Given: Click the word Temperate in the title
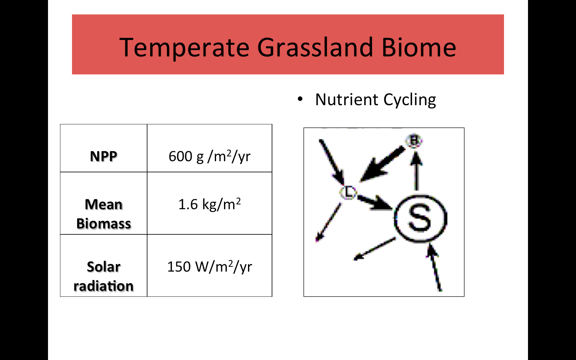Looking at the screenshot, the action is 184,48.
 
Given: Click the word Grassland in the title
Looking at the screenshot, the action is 315,47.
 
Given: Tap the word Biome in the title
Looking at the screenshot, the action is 419,47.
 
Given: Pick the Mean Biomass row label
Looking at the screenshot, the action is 104,214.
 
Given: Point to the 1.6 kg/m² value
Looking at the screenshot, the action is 210,204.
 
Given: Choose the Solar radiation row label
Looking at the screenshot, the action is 104,276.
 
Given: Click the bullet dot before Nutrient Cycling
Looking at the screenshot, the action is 300,99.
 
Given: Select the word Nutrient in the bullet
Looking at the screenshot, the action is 347,99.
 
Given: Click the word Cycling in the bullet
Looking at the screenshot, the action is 410,100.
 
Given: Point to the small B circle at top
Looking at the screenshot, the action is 414,141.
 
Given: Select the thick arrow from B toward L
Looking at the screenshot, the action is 382,164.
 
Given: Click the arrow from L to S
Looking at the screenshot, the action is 375,203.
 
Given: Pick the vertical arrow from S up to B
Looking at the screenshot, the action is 416,171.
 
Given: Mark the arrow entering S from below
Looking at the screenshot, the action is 434,268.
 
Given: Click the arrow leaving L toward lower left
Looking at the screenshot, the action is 328,222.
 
